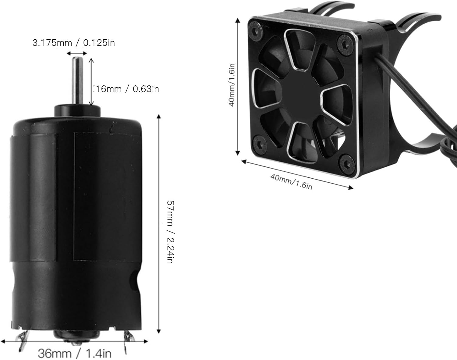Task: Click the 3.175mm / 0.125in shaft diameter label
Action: tap(74, 43)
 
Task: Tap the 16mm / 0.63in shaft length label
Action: tap(127, 89)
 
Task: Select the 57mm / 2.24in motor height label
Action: tap(170, 232)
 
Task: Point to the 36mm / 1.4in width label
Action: tap(75, 354)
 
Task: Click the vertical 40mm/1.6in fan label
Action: tap(232, 85)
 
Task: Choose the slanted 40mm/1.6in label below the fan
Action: tap(291, 182)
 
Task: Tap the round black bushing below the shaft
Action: tap(77, 110)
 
